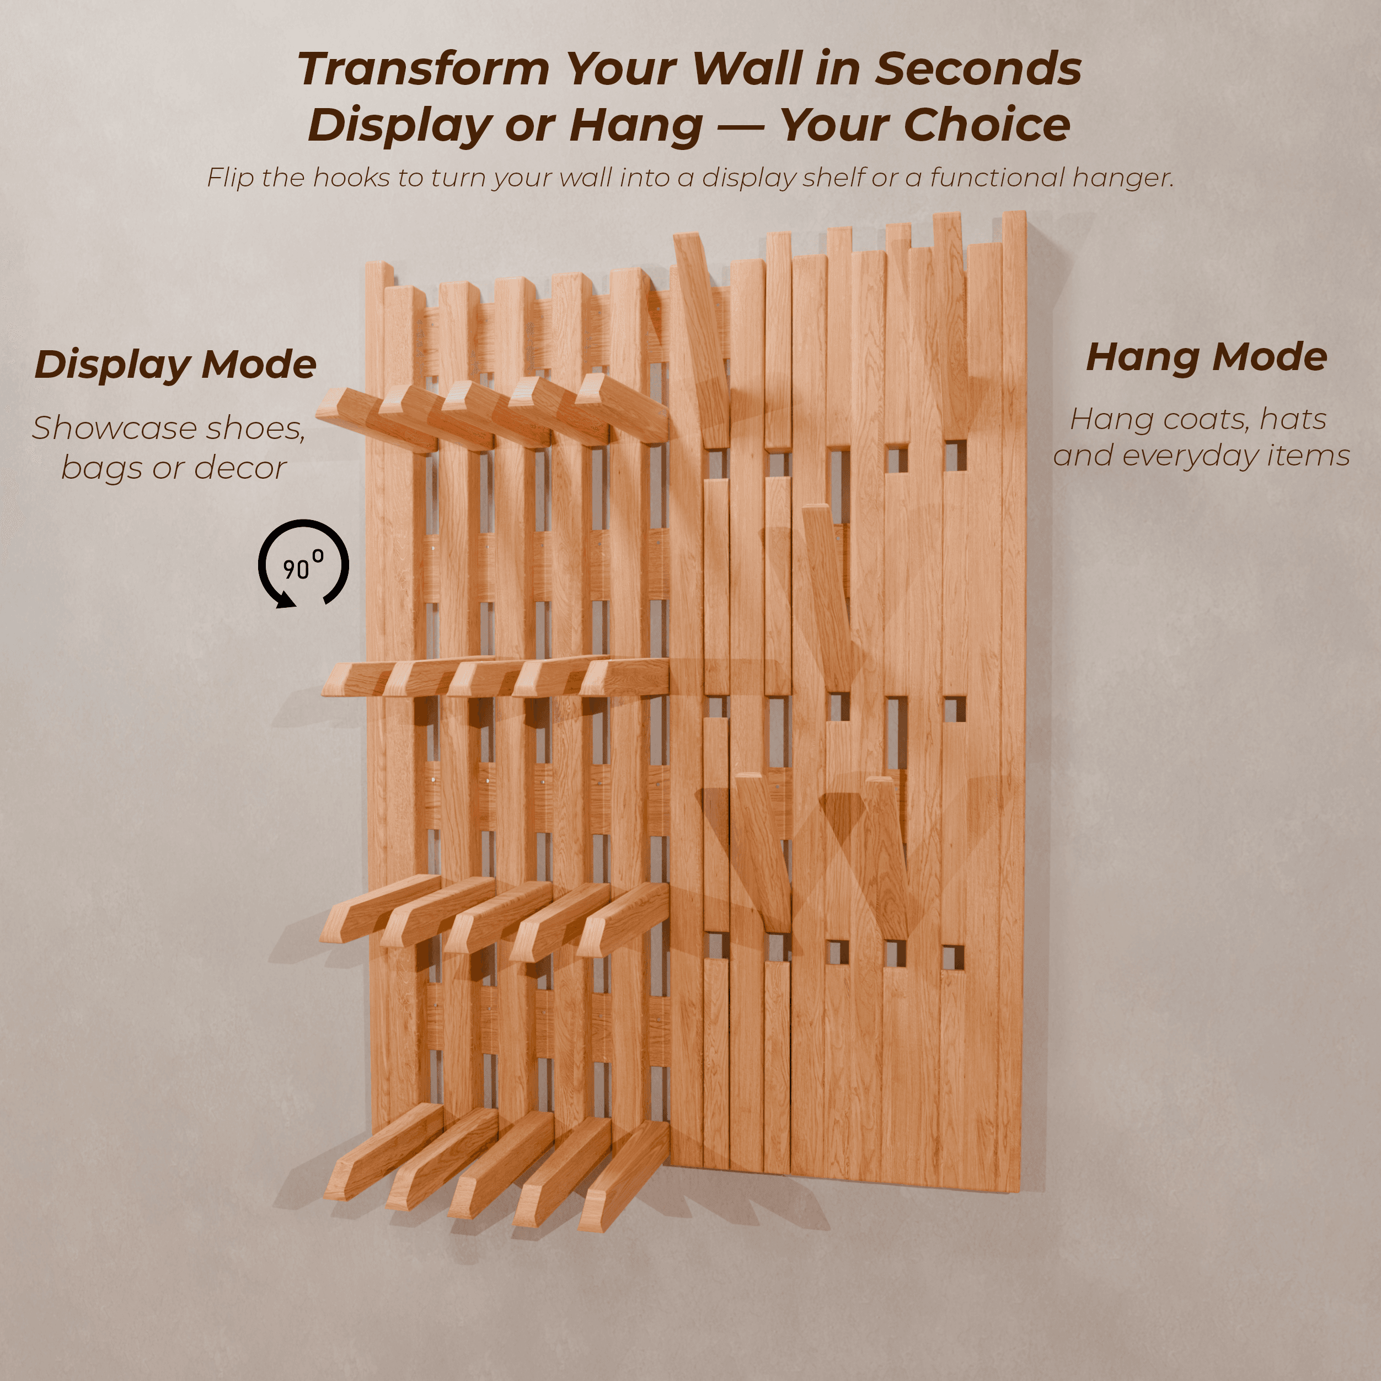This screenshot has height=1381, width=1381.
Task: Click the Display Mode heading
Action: [175, 365]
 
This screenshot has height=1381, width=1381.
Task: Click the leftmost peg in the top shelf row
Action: [377, 420]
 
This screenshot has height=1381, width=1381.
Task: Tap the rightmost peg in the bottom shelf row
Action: [623, 1176]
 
